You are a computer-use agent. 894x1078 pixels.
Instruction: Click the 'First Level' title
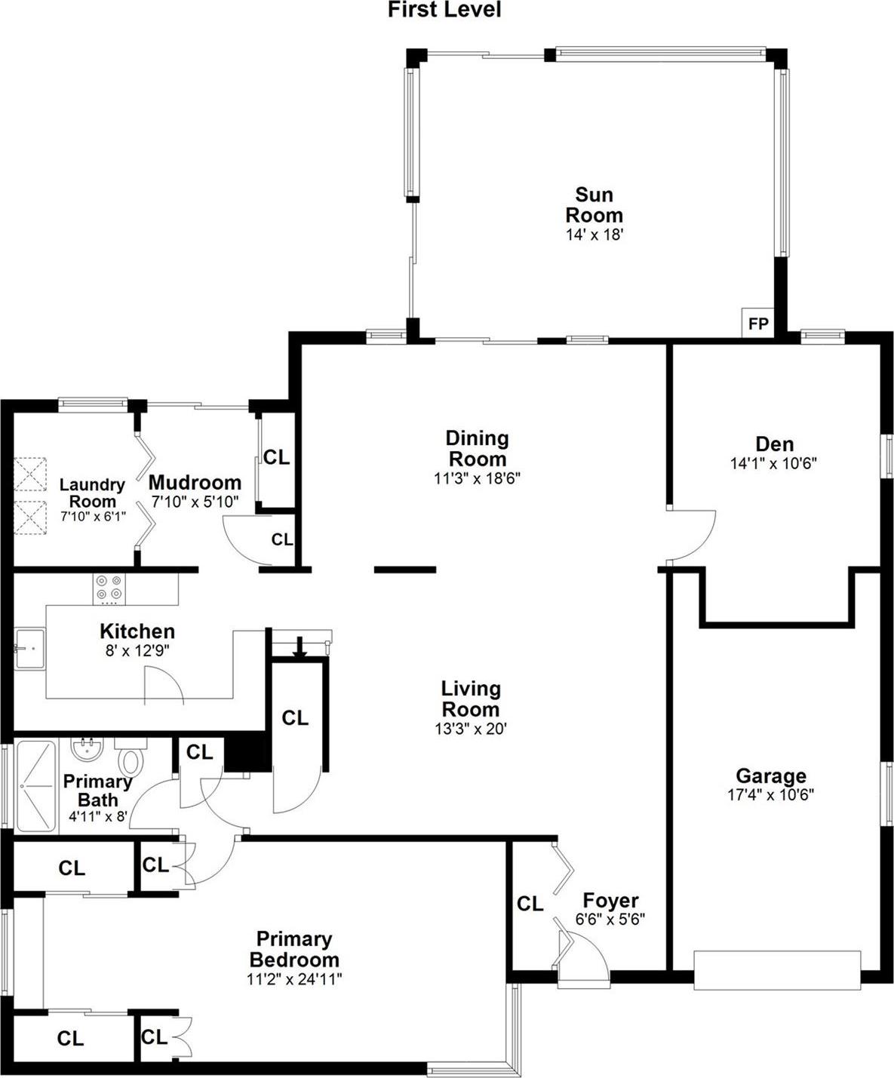(444, 10)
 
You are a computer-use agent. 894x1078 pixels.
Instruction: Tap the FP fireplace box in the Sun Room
(757, 324)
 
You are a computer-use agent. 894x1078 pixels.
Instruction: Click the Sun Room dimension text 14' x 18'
(594, 235)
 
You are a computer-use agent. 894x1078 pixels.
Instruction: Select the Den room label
(774, 444)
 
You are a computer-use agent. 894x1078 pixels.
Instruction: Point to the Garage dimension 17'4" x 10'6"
(770, 794)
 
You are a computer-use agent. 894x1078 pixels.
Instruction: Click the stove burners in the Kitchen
(109, 588)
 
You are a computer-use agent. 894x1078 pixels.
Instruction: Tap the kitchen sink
(29, 648)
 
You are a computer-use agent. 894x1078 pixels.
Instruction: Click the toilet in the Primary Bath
(131, 757)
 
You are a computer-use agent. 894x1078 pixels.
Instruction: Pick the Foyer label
(610, 900)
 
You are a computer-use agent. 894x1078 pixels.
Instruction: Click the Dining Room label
(477, 448)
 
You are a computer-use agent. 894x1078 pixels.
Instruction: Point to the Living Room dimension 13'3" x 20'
(470, 729)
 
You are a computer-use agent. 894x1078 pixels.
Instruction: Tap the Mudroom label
(195, 482)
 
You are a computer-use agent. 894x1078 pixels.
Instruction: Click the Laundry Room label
(92, 493)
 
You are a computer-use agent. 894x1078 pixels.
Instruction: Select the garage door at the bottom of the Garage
(776, 969)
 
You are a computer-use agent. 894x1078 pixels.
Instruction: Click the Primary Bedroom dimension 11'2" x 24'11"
(294, 979)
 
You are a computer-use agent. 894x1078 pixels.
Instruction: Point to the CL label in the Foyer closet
(530, 903)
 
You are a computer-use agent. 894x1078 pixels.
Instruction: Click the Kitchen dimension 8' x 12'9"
(137, 650)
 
